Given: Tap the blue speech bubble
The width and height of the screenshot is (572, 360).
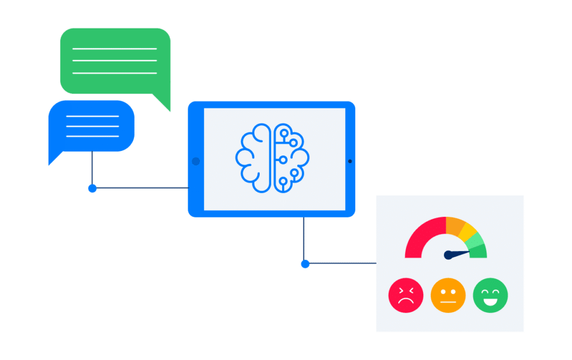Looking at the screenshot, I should tap(92, 126).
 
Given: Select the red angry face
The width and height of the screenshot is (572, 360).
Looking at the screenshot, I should tap(406, 295).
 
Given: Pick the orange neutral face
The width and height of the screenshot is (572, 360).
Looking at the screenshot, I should tap(448, 295).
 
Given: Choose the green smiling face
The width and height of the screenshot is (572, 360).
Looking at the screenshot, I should tap(490, 295).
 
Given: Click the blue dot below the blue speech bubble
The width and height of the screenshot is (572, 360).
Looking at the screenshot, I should tap(92, 188).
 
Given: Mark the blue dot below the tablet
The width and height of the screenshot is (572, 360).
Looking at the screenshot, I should tap(304, 264).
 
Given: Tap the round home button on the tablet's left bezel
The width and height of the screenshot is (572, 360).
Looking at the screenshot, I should tap(196, 161).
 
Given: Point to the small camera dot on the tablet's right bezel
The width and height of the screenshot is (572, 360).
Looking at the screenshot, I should tap(350, 161).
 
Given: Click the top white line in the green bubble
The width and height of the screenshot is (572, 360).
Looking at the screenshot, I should tap(115, 49).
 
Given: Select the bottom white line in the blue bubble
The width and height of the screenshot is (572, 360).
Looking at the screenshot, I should tap(92, 136).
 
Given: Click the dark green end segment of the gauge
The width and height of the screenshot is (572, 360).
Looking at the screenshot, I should tap(479, 251).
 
